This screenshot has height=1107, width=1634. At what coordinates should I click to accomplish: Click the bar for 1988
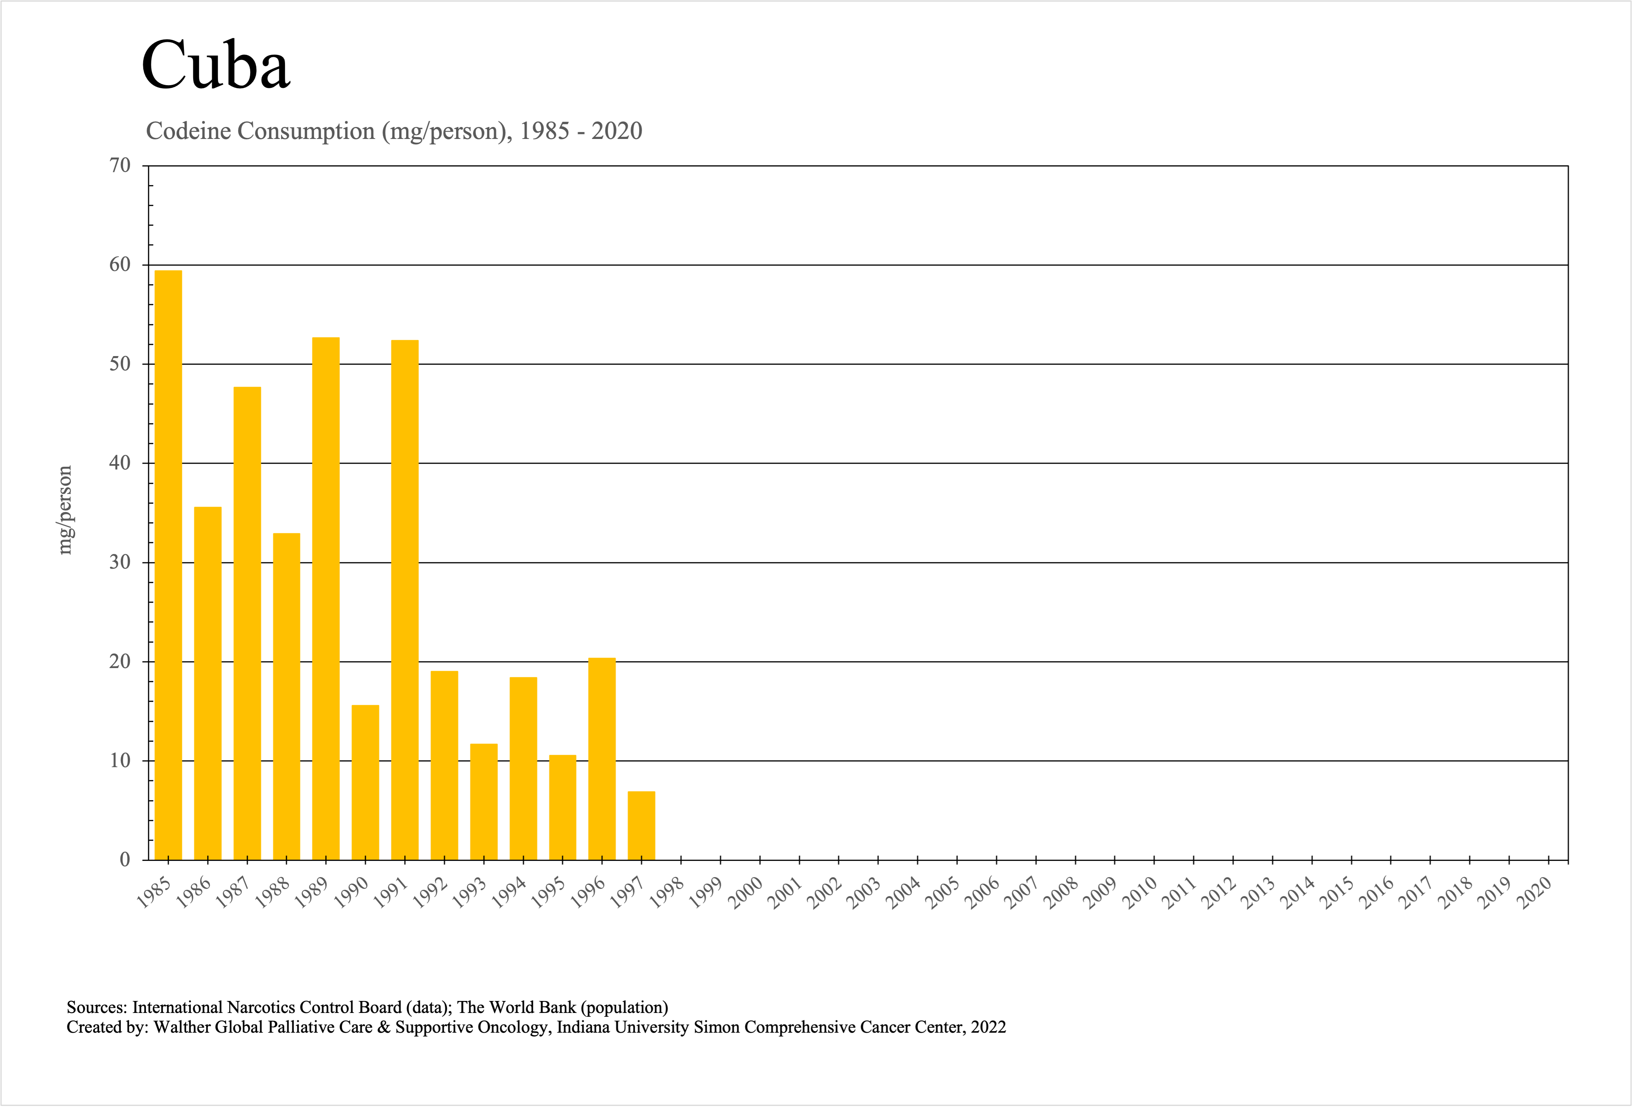[x=287, y=696]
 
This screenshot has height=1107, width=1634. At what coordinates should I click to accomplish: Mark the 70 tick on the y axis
[x=120, y=166]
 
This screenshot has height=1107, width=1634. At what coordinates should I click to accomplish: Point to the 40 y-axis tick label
[x=120, y=463]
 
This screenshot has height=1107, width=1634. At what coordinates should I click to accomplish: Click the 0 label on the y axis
[x=125, y=860]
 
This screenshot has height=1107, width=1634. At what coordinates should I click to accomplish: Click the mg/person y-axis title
[x=65, y=510]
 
